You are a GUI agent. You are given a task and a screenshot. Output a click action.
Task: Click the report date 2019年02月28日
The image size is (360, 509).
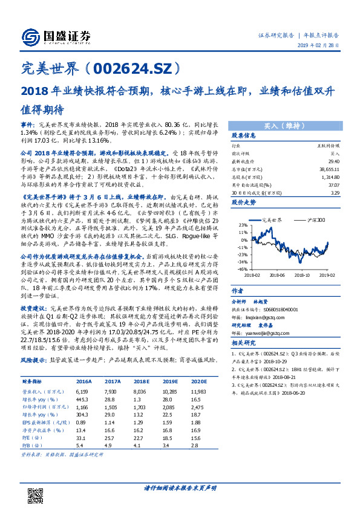click(x=321, y=46)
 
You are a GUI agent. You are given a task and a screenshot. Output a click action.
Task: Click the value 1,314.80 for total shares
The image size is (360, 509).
click(x=332, y=180)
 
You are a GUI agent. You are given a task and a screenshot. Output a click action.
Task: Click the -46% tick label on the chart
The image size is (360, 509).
click(x=241, y=270)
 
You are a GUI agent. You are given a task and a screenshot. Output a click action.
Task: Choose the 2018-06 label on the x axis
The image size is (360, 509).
click(x=277, y=274)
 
